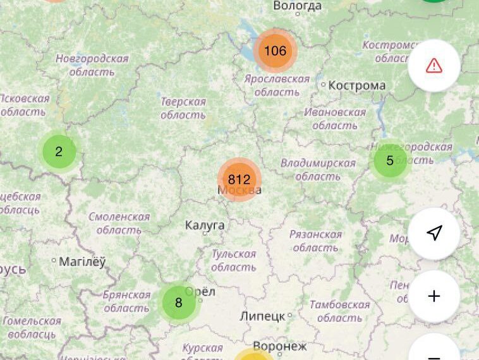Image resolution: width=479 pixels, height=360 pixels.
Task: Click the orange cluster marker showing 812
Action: pos(239,179)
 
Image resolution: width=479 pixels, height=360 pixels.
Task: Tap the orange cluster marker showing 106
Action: pos(275,51)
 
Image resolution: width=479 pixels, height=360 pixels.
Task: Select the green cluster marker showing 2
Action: pos(59,152)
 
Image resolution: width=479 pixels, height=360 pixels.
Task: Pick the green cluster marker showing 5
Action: pos(389,160)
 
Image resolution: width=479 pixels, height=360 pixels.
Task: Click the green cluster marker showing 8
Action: pos(178,303)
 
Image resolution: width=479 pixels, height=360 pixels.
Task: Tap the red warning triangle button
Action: pos(434,66)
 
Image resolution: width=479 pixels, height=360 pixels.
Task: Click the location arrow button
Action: pos(434,234)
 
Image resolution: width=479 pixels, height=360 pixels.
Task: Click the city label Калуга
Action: pos(205,225)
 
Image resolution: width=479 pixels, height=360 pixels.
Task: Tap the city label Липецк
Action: pos(262,316)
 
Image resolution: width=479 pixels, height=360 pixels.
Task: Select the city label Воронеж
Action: pos(279,346)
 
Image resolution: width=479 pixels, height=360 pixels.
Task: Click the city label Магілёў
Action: pos(82,261)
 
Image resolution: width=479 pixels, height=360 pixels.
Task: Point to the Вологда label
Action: pos(297,6)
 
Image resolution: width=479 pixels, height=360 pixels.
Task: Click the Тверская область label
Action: pos(183,109)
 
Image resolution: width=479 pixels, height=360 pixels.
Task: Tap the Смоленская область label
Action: pos(119,224)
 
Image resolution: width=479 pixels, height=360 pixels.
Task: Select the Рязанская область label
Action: pos(315,241)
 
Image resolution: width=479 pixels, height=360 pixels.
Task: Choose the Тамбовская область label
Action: pos(339,311)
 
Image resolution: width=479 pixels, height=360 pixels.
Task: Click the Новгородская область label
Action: pos(92,65)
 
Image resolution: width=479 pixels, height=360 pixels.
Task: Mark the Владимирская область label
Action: pos(318,170)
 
